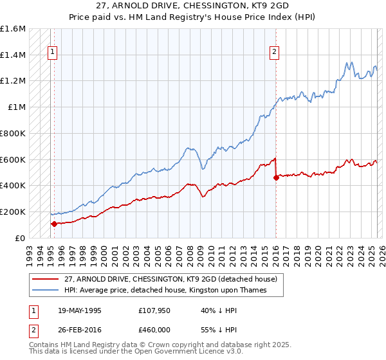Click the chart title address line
(x=193, y=6)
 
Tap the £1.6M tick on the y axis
(x=13, y=29)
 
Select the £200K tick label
(x=13, y=212)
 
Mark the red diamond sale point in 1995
(x=54, y=224)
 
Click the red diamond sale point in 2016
(x=276, y=178)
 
